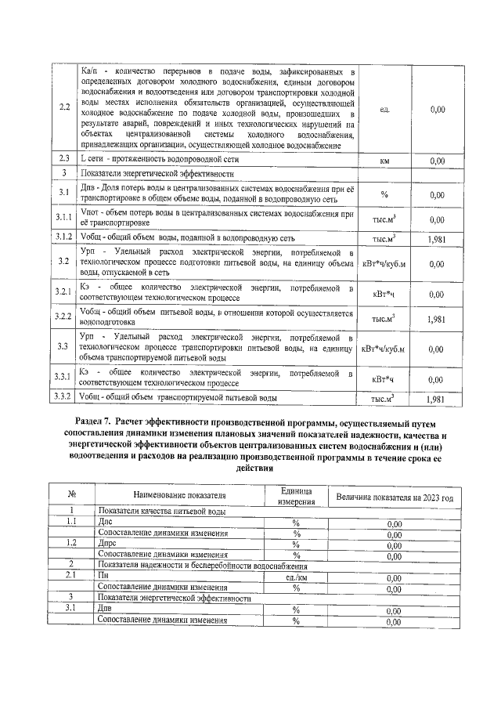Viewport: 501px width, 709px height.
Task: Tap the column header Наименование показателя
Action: tap(179, 495)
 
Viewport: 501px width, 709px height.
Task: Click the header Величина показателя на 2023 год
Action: tap(394, 497)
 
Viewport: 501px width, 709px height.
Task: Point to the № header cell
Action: tap(71, 495)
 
